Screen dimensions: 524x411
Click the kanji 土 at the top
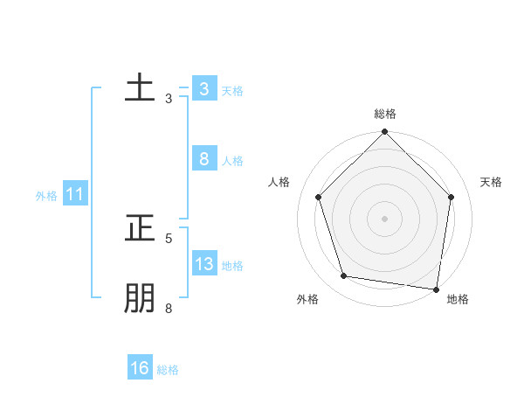(140, 88)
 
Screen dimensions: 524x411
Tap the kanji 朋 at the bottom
(140, 298)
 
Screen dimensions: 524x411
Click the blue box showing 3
(203, 89)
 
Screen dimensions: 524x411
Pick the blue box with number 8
(203, 159)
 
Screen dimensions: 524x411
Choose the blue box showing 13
(203, 264)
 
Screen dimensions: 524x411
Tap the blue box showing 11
(75, 195)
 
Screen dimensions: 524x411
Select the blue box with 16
(140, 368)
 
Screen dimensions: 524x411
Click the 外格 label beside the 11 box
(46, 196)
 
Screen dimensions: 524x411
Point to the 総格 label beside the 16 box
(168, 370)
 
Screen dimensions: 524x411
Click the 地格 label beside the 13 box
(232, 266)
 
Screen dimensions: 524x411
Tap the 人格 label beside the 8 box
(232, 161)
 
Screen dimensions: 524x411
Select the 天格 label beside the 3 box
(232, 91)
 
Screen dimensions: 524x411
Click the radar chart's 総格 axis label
(385, 114)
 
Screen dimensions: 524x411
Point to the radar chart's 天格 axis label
(491, 182)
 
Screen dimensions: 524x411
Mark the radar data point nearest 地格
(436, 289)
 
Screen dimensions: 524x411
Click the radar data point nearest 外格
(344, 276)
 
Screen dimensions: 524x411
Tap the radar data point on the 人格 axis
(318, 197)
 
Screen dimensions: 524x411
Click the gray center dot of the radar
(385, 218)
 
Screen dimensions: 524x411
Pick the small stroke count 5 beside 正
(169, 238)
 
